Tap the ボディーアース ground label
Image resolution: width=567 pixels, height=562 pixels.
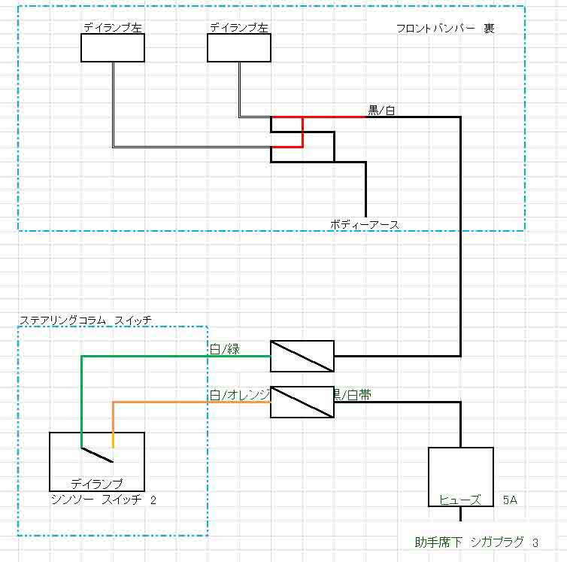[x=364, y=224]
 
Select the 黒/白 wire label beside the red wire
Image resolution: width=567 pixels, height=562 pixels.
[x=381, y=111]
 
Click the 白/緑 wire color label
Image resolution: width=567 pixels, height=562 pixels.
[x=224, y=348]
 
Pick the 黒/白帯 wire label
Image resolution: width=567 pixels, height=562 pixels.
[x=352, y=395]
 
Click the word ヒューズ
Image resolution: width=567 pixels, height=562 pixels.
[x=460, y=499]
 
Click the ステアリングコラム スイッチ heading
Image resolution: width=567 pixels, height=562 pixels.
[x=85, y=320]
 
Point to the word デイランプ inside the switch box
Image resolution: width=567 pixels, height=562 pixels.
[x=96, y=484]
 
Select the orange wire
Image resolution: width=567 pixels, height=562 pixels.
[x=188, y=403]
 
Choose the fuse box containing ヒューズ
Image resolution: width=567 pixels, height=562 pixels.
[x=460, y=478]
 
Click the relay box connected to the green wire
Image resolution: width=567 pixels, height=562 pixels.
[x=302, y=356]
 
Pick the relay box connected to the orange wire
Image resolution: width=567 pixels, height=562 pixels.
[x=302, y=403]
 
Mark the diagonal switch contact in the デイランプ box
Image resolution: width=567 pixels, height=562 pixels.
[x=97, y=454]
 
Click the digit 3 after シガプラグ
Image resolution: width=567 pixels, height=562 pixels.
[x=535, y=542]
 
